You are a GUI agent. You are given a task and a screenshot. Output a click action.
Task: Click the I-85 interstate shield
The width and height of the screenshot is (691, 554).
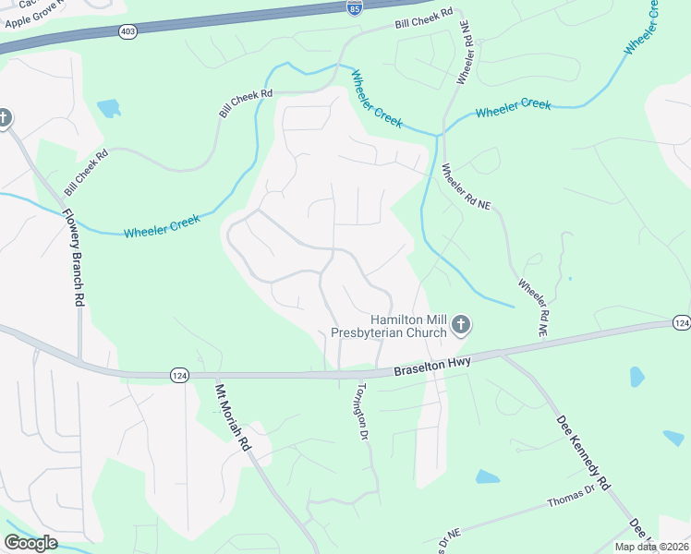(x=356, y=7)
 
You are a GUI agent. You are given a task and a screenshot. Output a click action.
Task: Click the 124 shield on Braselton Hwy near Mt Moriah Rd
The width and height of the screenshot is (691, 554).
(x=178, y=374)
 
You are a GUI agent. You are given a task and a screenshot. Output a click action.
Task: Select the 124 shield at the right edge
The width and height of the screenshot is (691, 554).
(x=682, y=322)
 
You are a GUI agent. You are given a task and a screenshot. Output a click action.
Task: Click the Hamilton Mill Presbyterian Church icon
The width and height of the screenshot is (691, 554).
(x=461, y=325)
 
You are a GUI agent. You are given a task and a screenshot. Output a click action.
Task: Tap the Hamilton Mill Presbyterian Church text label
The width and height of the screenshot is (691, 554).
(x=407, y=324)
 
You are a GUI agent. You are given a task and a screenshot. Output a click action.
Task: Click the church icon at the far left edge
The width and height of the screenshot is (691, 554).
(x=5, y=117)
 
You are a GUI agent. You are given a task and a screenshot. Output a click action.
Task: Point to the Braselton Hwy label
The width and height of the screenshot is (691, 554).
(x=432, y=364)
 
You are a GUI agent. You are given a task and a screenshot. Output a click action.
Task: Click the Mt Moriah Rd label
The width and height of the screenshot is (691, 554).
(x=233, y=416)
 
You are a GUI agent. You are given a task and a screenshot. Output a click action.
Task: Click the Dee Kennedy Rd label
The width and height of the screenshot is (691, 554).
(x=583, y=452)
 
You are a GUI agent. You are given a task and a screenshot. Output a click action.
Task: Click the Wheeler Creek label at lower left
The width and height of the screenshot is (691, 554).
(x=162, y=225)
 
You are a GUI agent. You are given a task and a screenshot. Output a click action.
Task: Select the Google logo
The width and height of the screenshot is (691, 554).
(x=30, y=543)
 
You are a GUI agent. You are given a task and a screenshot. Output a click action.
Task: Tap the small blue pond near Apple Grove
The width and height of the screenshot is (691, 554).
(x=109, y=108)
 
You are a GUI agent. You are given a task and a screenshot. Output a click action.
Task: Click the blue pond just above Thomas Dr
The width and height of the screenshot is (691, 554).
(x=487, y=477)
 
